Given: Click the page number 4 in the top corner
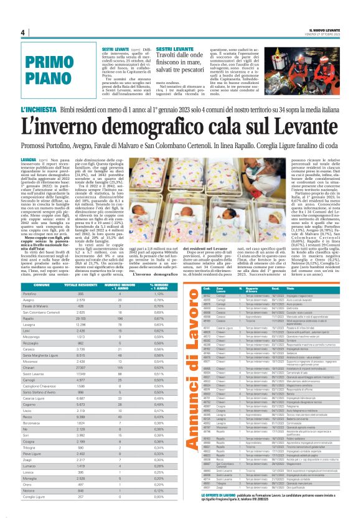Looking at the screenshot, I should pos(22,33).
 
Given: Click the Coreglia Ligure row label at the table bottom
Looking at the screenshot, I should pos(35,515).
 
